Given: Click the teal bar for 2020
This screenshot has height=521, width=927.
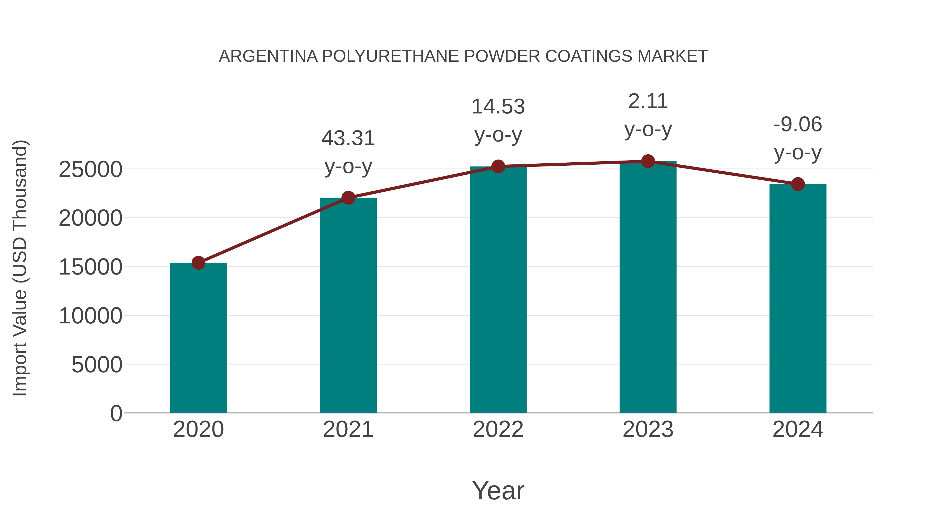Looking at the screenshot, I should pyautogui.click(x=198, y=338).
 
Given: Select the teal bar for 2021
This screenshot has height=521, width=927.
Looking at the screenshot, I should pyautogui.click(x=348, y=306).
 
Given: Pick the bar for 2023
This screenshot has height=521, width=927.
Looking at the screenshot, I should pyautogui.click(x=648, y=287).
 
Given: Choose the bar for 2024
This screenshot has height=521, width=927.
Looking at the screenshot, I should pyautogui.click(x=798, y=298).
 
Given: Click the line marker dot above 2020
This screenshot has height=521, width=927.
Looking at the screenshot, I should pyautogui.click(x=198, y=263).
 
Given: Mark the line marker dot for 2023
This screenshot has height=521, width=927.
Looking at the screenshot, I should pyautogui.click(x=648, y=161).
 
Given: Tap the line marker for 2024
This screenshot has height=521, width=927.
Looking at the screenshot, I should pyautogui.click(x=798, y=184).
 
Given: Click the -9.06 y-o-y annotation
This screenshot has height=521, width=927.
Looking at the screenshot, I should pyautogui.click(x=798, y=138).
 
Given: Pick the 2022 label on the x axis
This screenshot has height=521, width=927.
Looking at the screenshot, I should pyautogui.click(x=498, y=429).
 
